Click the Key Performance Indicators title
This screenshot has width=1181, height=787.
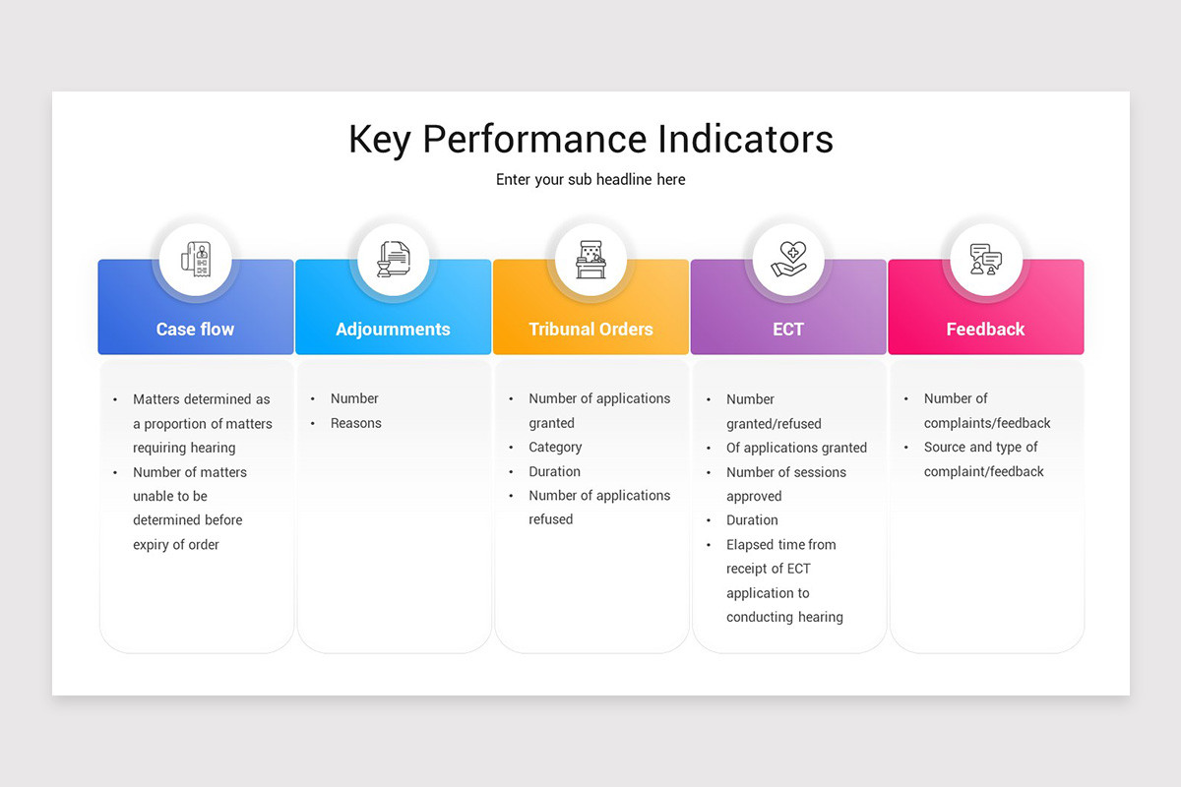[x=590, y=139]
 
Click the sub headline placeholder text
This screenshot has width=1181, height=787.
[x=590, y=180]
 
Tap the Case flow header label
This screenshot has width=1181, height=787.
[x=195, y=330]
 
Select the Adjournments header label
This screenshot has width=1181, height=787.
[x=393, y=330]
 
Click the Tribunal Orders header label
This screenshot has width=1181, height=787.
[x=590, y=330]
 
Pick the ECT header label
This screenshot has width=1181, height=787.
[x=788, y=330]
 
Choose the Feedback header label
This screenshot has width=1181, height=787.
[x=985, y=330]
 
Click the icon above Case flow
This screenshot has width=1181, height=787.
[x=195, y=260]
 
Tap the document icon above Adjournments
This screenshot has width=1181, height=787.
[x=393, y=260]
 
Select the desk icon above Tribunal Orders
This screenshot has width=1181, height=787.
[x=590, y=260]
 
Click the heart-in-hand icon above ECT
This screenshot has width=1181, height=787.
[x=788, y=260]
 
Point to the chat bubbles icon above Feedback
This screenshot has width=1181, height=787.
[x=985, y=260]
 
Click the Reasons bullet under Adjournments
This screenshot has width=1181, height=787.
[x=355, y=423]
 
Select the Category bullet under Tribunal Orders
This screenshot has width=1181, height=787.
[x=555, y=448]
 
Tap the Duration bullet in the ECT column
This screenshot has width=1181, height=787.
[x=752, y=520]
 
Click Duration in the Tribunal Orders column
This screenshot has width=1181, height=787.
[x=554, y=471]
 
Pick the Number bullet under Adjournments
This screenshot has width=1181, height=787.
[x=354, y=398]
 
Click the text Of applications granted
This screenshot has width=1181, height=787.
[x=796, y=448]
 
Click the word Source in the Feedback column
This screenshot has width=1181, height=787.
[x=945, y=448]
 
